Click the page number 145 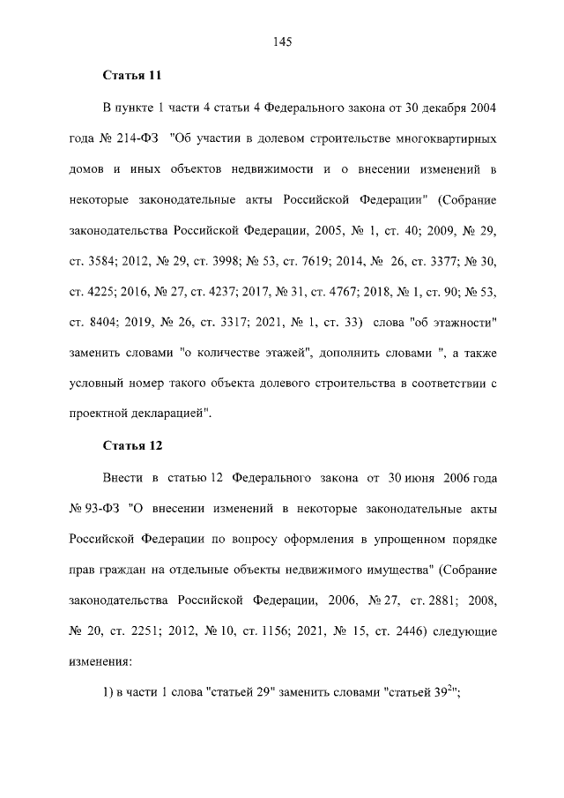282,41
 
